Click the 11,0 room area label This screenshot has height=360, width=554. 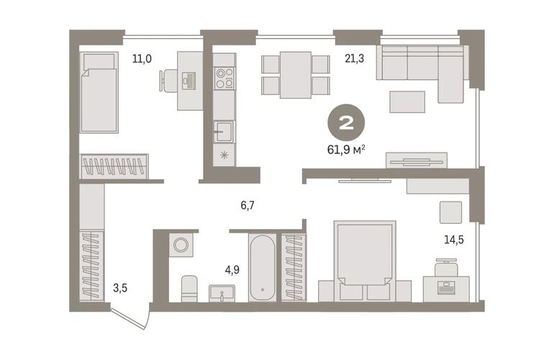pos(142,58)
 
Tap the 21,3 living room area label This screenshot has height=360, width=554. pos(355,58)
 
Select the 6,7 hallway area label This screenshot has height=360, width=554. pos(248,205)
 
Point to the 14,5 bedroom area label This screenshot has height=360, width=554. pos(454,240)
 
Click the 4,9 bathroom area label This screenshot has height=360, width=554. pos(232,270)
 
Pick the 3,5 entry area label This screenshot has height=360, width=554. pos(120,288)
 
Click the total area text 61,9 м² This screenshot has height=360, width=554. pos(346,150)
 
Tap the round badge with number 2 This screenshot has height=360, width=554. pos(346,122)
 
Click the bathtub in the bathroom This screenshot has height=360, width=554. pos(263,268)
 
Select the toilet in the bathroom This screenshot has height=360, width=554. pos(189,289)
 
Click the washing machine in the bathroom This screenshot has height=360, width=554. pos(181,245)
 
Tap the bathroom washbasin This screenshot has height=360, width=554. pos(222,293)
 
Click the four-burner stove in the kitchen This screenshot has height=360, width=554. pos(224,78)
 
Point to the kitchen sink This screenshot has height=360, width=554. pos(224,132)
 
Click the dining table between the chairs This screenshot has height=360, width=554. pos(296,75)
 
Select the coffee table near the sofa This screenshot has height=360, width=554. pos(407,102)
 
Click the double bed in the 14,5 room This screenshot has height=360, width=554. pos(365,261)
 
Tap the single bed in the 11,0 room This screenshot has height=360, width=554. pos(99,92)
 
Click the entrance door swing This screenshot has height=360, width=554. pos(131,319)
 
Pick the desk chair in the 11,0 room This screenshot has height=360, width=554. pos(168,81)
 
